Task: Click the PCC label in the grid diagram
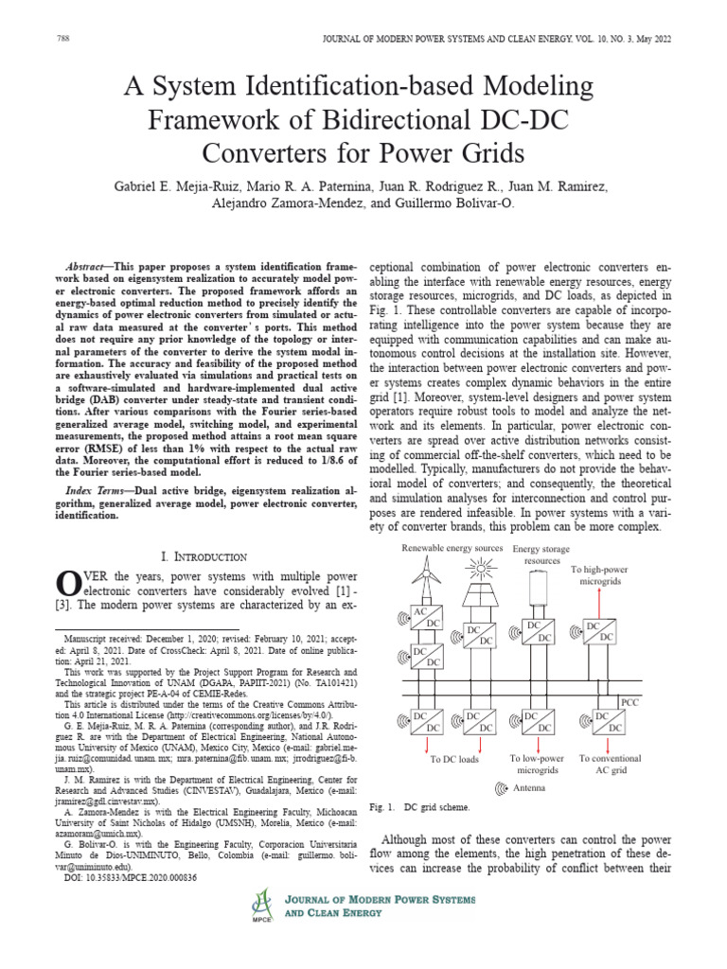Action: coord(630,702)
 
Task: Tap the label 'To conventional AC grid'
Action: coord(610,764)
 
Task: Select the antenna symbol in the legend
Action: coord(502,787)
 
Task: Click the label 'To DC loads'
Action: coord(454,759)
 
